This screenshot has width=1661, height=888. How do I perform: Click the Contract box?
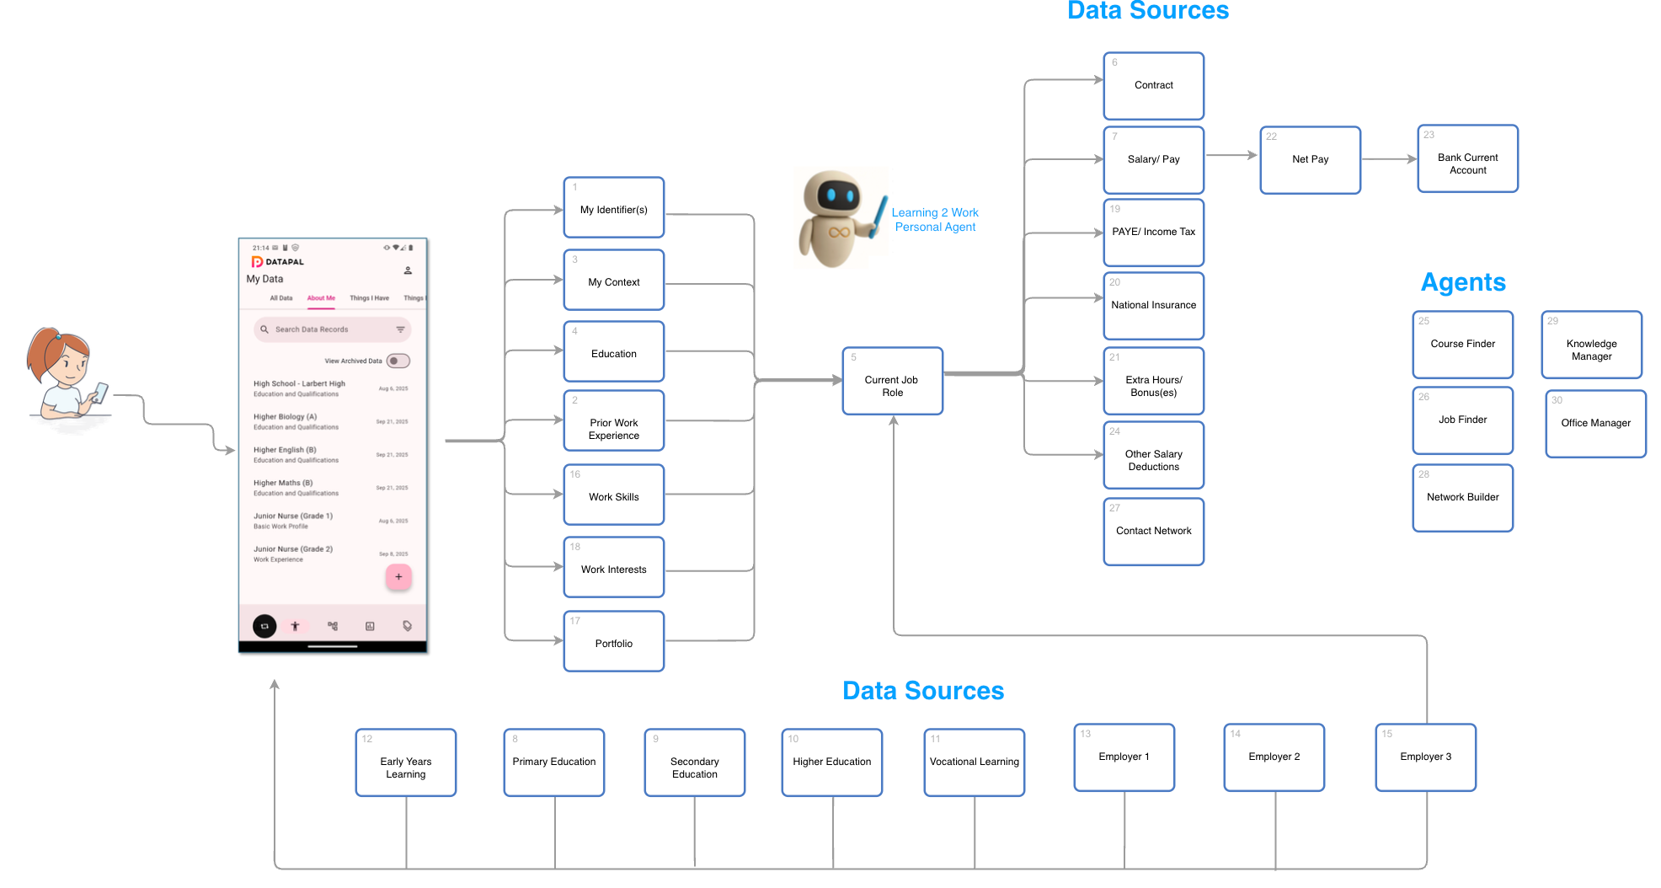coord(1153,86)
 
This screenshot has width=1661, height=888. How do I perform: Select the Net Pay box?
coord(1310,160)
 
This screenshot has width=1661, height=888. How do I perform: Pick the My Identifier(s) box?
coord(613,208)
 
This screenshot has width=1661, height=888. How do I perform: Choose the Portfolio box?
coord(613,642)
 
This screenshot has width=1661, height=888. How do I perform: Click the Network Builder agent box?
coord(1462,498)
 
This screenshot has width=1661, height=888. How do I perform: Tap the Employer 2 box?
coord(1274,757)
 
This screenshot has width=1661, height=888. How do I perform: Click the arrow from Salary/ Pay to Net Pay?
coord(1231,155)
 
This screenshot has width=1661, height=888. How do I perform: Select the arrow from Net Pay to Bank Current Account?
coord(1389,158)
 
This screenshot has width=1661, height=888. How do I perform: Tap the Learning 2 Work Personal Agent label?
coord(935,220)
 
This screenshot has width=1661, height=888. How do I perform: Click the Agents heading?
coord(1463,282)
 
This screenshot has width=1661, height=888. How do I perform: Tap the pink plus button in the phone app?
coord(398,577)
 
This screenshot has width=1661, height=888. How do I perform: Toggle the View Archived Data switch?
coord(398,361)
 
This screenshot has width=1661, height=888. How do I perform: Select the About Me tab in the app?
coord(321,298)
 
